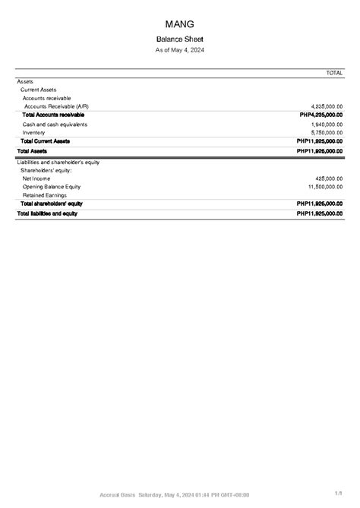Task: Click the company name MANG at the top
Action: pyautogui.click(x=179, y=24)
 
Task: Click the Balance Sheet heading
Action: pyautogui.click(x=179, y=39)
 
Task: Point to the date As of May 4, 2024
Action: pyautogui.click(x=179, y=50)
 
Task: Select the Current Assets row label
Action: pyautogui.click(x=38, y=90)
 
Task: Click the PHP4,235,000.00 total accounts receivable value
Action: pyautogui.click(x=321, y=115)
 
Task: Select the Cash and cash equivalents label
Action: pyautogui.click(x=55, y=124)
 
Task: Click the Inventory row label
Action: pyautogui.click(x=34, y=132)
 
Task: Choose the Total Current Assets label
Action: pyautogui.click(x=46, y=141)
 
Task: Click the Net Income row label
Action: pyautogui.click(x=36, y=178)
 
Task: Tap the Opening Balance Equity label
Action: pyautogui.click(x=52, y=187)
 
